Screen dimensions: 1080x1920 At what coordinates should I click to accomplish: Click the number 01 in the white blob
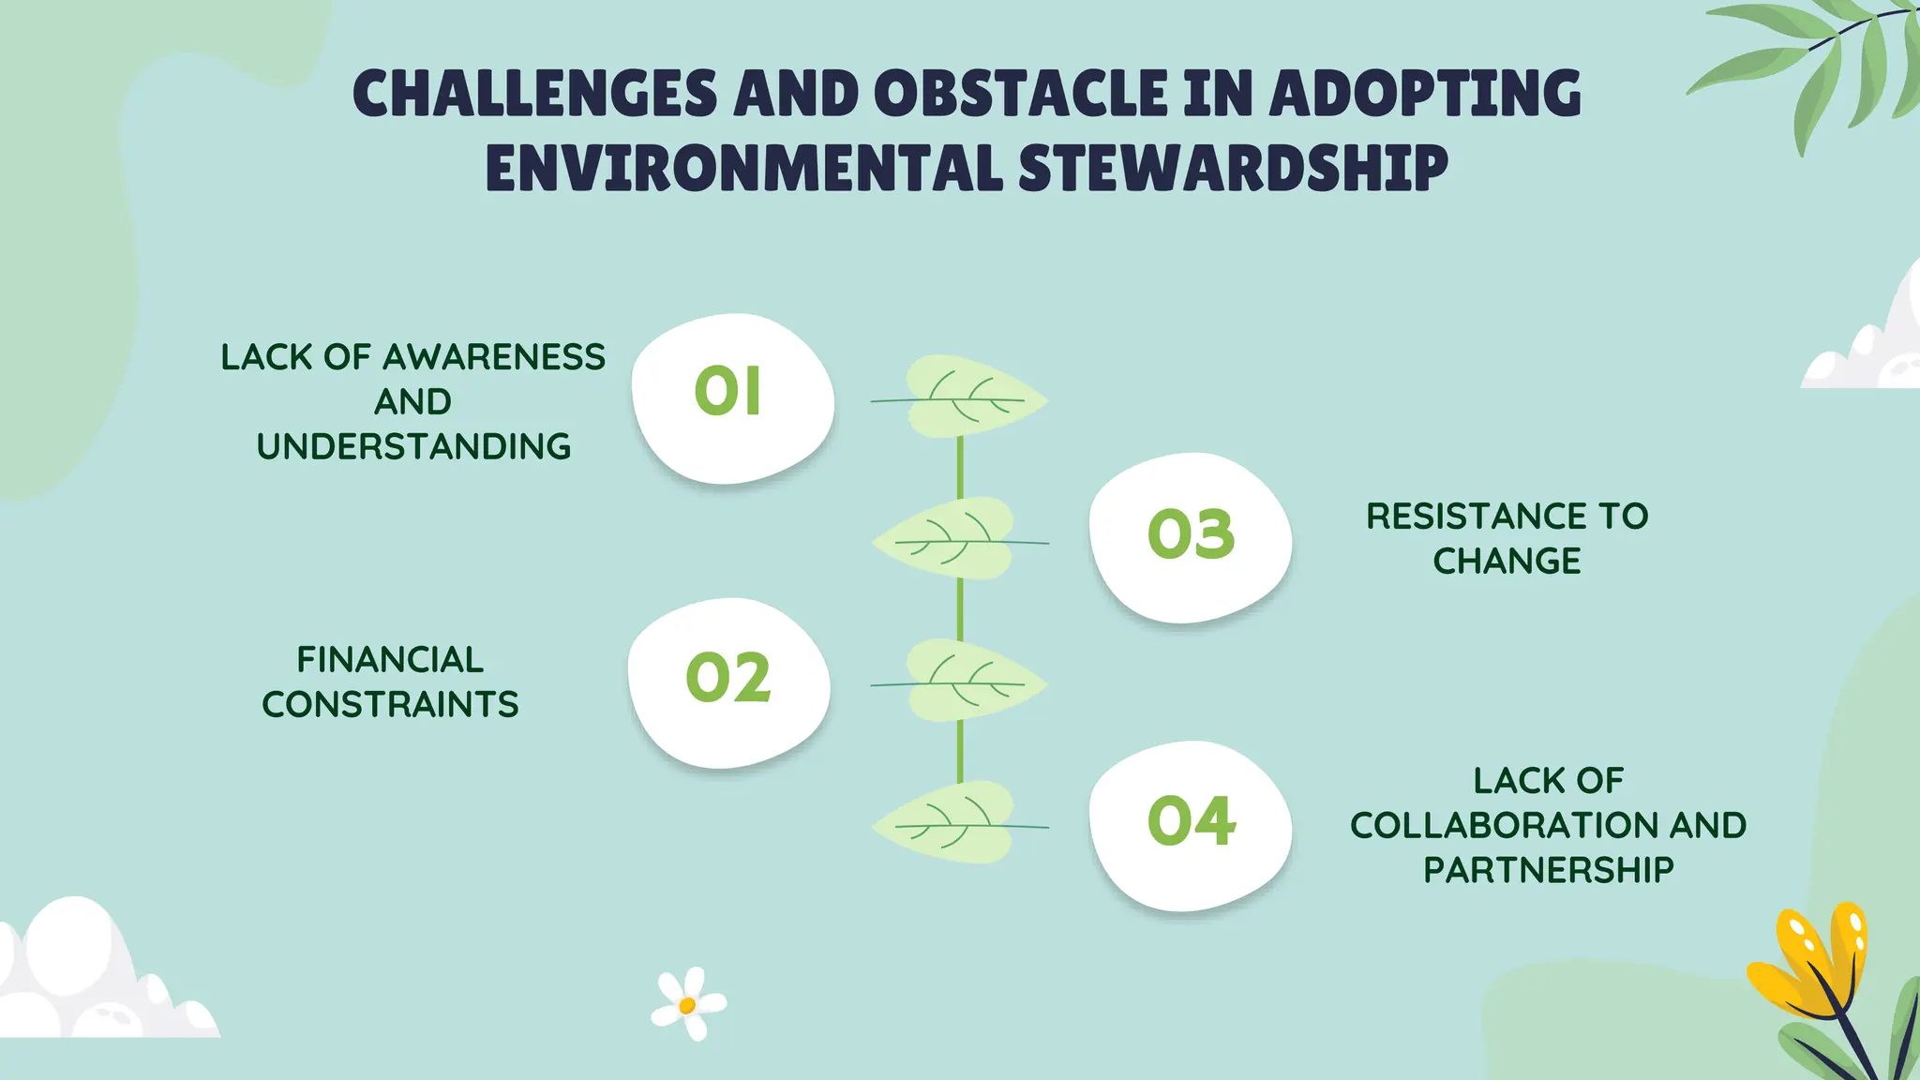(x=727, y=391)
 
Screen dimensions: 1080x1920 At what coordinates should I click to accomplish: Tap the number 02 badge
(x=728, y=678)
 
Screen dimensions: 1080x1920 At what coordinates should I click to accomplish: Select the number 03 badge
(x=1192, y=534)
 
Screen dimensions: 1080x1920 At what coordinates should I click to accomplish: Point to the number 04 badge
(x=1192, y=821)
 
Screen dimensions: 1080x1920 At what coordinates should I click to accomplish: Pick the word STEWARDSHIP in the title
(x=1233, y=169)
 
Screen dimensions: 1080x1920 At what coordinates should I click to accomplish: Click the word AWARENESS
(x=494, y=357)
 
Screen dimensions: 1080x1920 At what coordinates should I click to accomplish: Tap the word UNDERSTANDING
(x=413, y=446)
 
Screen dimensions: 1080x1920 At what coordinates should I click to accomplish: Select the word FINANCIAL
(x=390, y=660)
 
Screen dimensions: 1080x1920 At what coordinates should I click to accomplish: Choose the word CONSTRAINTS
(x=390, y=704)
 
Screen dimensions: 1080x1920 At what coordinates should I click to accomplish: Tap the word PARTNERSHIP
(x=1548, y=870)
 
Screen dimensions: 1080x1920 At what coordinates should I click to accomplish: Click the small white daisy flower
(x=689, y=1004)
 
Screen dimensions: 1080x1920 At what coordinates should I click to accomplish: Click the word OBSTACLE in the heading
(x=1022, y=94)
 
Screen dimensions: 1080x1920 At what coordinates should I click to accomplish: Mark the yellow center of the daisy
(x=687, y=1006)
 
